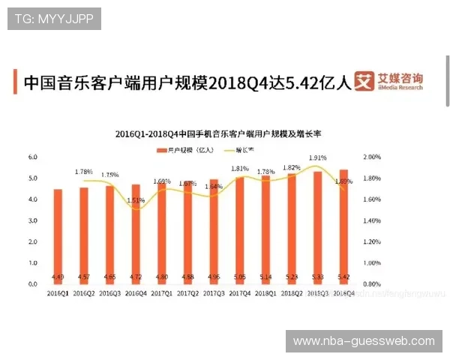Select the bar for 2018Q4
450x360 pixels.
point(343,225)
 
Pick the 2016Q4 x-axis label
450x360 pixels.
point(136,293)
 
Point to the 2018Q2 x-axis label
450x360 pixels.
point(292,293)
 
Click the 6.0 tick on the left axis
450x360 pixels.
point(32,157)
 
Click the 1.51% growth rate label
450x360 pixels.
point(136,200)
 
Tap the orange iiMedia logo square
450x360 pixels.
point(364,82)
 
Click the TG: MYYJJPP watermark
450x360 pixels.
point(53,19)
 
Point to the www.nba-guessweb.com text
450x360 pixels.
point(364,341)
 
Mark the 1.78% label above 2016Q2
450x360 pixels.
point(84,172)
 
